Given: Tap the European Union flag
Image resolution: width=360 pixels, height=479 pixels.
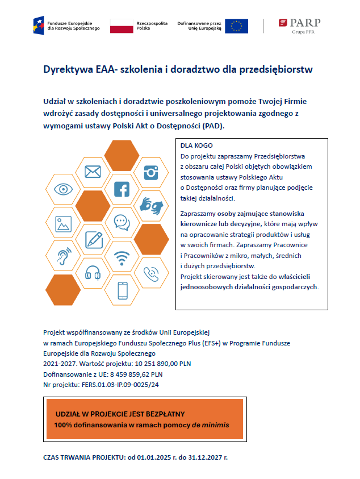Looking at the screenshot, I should click(x=236, y=26).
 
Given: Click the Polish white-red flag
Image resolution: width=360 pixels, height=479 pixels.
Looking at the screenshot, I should click(x=120, y=26).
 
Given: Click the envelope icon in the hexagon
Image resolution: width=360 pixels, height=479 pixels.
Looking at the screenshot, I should click(x=92, y=171).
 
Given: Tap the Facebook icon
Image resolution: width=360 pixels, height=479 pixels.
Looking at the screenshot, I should click(x=122, y=189).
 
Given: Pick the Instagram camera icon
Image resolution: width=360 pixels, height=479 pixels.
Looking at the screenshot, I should click(x=151, y=172).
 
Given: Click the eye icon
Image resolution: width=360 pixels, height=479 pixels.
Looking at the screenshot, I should click(x=63, y=189).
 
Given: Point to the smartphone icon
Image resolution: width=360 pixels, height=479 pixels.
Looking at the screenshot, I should click(x=122, y=290).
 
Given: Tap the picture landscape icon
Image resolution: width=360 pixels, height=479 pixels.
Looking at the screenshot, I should click(x=63, y=223).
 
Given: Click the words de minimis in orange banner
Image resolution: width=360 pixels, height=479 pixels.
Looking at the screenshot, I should click(x=210, y=425).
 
